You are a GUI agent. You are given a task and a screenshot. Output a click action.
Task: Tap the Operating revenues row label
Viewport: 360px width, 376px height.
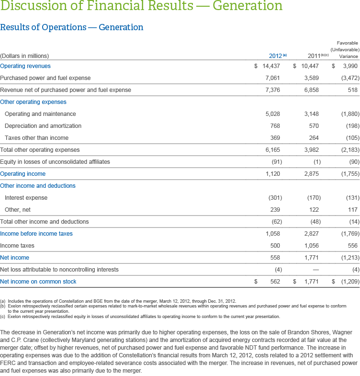(x=25, y=66)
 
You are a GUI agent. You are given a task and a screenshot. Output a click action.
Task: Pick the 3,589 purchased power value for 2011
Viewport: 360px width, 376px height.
(x=312, y=78)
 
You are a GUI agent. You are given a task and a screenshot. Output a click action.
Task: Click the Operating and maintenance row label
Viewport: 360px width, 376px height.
(x=40, y=114)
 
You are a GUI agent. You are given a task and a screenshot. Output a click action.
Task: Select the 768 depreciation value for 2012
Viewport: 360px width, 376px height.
(x=275, y=126)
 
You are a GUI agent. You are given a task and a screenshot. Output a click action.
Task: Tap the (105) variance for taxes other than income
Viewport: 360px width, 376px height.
(x=349, y=138)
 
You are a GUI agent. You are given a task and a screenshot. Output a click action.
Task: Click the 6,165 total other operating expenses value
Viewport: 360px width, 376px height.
(x=272, y=150)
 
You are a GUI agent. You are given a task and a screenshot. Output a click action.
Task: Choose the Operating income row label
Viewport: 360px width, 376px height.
(x=23, y=174)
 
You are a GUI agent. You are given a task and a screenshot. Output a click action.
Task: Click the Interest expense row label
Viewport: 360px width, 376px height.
(x=26, y=198)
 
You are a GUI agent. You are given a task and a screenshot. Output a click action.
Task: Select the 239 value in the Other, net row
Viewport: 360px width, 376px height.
(x=275, y=210)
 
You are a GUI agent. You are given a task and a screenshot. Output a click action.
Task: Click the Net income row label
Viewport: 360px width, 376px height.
(x=14, y=258)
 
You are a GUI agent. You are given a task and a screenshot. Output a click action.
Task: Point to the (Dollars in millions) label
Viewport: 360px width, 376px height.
(x=24, y=56)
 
